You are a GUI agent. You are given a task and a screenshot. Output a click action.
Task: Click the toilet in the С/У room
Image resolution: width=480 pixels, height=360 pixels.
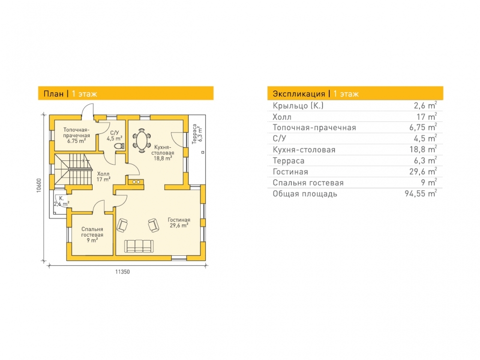(120, 146)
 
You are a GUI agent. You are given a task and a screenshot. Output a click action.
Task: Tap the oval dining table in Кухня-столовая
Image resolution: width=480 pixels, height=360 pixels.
(142, 140)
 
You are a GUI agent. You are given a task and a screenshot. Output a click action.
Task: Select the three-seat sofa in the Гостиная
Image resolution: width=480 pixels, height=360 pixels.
(139, 246)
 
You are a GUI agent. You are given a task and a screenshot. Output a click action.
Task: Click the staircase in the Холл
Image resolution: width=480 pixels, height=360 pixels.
(73, 169)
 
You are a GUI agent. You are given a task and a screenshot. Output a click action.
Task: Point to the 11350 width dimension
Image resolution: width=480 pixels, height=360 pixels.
(122, 272)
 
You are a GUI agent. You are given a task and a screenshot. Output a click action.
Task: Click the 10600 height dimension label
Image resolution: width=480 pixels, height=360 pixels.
(38, 185)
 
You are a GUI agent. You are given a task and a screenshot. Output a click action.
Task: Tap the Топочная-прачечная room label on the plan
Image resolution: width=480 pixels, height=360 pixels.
(76, 135)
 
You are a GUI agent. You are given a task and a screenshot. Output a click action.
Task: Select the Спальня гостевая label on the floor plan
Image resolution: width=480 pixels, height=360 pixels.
(92, 235)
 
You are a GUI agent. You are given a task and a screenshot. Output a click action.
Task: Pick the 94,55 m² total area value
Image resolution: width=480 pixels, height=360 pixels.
(420, 194)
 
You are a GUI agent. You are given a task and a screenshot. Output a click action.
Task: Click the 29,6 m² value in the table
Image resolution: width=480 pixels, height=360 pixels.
(423, 171)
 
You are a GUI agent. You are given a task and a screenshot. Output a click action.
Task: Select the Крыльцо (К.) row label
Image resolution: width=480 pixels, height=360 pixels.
(298, 106)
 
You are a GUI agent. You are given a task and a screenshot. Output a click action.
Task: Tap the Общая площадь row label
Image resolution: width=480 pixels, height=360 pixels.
(305, 194)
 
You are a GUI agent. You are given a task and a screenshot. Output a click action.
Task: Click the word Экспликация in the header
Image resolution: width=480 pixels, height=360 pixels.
(299, 94)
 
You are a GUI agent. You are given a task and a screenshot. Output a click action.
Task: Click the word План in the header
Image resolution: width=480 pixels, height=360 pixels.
(54, 94)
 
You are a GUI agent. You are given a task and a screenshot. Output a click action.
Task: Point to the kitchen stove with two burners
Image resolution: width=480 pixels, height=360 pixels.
(136, 182)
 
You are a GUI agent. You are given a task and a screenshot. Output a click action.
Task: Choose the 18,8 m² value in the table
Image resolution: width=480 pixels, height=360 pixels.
(423, 149)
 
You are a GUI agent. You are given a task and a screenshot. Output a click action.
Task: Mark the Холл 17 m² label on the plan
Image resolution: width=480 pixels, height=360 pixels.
(104, 177)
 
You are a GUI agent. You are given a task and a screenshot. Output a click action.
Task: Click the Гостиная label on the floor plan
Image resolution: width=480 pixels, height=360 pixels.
(179, 223)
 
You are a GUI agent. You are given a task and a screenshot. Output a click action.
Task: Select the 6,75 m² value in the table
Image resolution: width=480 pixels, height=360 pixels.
(423, 127)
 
